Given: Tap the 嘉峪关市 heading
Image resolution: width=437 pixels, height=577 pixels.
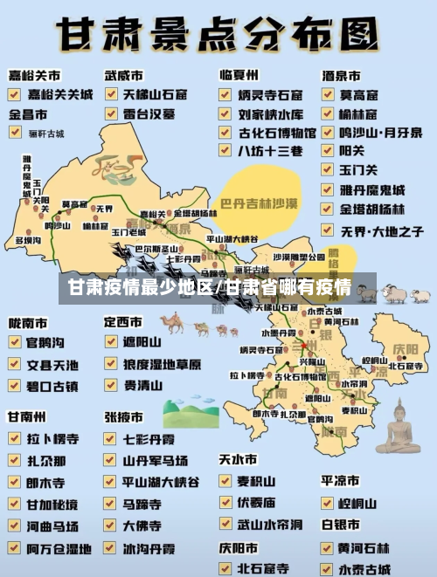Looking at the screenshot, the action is pyautogui.click(x=34, y=77).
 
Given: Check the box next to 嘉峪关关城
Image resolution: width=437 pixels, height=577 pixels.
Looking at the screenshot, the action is pyautogui.click(x=16, y=93).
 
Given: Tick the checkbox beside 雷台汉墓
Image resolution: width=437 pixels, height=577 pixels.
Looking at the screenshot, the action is pyautogui.click(x=111, y=113).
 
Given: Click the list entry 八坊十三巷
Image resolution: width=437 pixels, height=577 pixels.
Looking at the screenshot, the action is pyautogui.click(x=270, y=150).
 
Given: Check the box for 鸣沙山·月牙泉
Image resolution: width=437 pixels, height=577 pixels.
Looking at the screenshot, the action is pyautogui.click(x=327, y=132).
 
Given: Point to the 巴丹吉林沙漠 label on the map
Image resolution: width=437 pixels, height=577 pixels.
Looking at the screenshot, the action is pyautogui.click(x=259, y=203).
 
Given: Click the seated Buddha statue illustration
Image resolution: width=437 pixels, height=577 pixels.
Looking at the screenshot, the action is pyautogui.click(x=398, y=428).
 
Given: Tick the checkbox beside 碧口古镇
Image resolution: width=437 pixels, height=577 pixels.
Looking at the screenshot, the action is pyautogui.click(x=16, y=385).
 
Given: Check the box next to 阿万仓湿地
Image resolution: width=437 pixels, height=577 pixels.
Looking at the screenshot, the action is pyautogui.click(x=16, y=548).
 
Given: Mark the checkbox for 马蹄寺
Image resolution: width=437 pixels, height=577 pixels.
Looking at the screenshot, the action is pyautogui.click(x=111, y=504).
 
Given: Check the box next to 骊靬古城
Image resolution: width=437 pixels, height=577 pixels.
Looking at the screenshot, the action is pyautogui.click(x=16, y=133).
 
